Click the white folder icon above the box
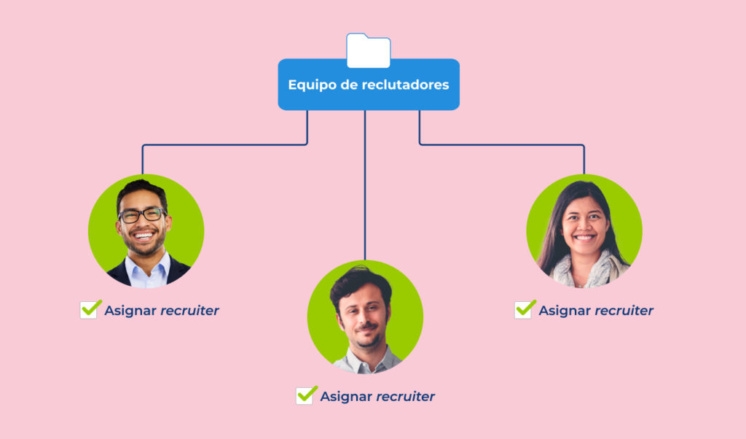368,50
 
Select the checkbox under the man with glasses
89,310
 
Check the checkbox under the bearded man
305,396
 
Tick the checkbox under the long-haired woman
523,310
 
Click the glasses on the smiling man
142,215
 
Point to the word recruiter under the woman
624,311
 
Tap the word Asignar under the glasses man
130,311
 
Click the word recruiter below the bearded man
405,397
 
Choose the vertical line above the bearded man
365,190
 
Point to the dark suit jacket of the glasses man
117,274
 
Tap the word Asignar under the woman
565,311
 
